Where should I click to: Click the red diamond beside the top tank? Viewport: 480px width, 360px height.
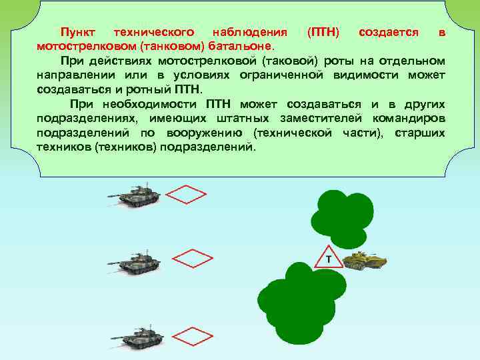pyautogui.click(x=186, y=195)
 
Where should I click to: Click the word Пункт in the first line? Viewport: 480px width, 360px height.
pyautogui.click(x=78, y=32)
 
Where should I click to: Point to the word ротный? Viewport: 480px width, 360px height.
pyautogui.click(x=153, y=89)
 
